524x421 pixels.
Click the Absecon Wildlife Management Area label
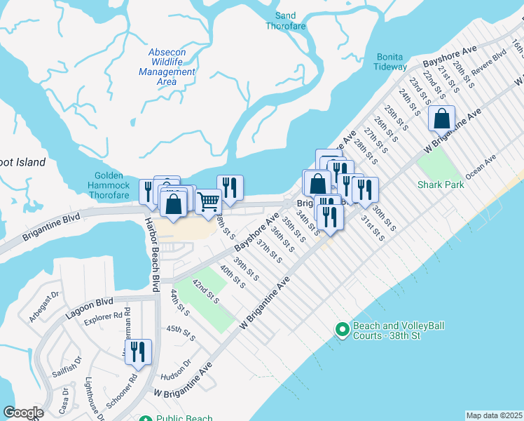(167, 67)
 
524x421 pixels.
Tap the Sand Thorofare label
(286, 20)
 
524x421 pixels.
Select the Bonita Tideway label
(391, 61)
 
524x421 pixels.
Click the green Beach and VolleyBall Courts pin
(342, 328)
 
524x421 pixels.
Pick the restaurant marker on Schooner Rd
(138, 352)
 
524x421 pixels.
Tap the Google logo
(22, 413)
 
